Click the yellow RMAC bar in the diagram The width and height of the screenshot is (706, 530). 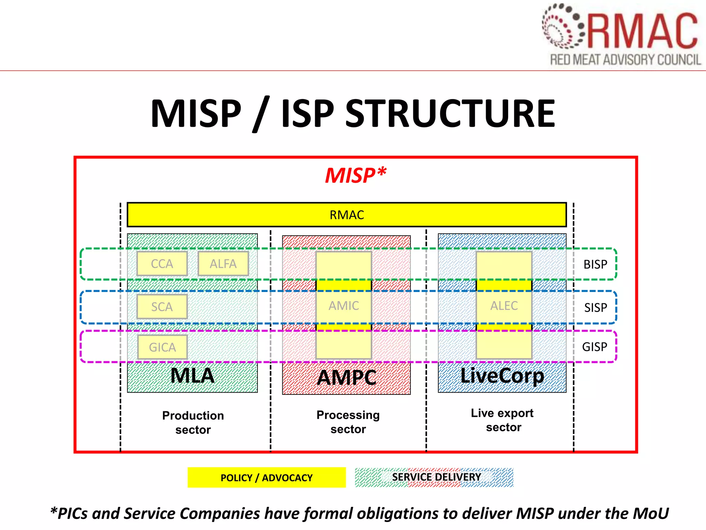(x=346, y=215)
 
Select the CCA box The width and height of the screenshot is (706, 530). (x=162, y=264)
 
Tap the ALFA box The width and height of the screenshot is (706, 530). (x=223, y=264)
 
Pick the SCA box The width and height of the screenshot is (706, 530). (x=162, y=307)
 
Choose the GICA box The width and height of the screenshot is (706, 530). (x=162, y=347)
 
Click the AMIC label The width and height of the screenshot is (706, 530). (x=344, y=306)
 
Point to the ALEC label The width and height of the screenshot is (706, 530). (x=504, y=306)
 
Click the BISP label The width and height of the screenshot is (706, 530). (x=595, y=264)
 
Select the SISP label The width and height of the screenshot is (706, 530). (x=595, y=307)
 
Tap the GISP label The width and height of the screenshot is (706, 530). (x=595, y=347)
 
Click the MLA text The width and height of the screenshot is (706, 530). (x=192, y=376)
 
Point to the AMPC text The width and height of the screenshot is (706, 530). (x=346, y=377)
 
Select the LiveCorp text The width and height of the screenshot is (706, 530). (x=502, y=376)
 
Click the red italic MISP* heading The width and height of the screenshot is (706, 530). (x=355, y=175)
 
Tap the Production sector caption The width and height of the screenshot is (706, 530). (x=193, y=422)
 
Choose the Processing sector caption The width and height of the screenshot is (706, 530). (x=348, y=422)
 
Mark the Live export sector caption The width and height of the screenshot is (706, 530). (x=503, y=420)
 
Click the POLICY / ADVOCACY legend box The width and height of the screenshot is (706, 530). (x=266, y=478)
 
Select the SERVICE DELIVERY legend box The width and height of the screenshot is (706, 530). (x=434, y=477)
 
